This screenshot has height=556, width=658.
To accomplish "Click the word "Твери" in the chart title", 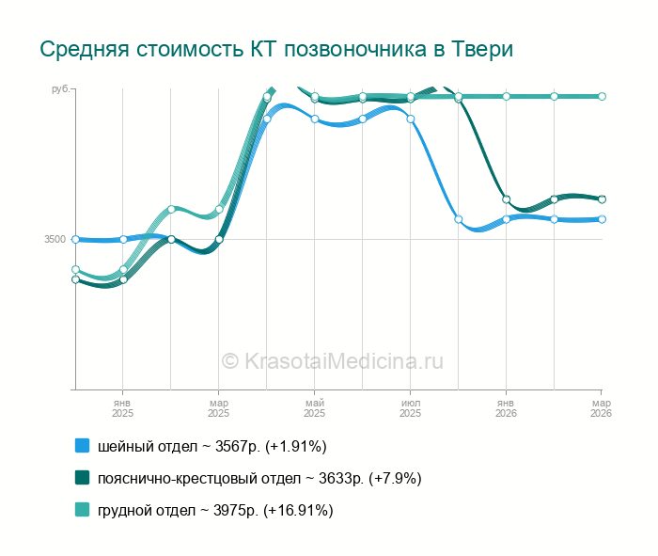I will click(481, 49).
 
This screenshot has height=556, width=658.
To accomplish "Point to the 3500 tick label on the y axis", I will click(55, 240).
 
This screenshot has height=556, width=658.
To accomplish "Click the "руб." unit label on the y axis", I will click(59, 89).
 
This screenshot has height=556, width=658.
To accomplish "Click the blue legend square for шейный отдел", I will click(82, 445).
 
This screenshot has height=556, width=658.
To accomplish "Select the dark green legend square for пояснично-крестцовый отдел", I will click(82, 478).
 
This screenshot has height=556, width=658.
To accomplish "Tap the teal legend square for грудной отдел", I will click(82, 510).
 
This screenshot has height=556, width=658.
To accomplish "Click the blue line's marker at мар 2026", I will click(602, 219).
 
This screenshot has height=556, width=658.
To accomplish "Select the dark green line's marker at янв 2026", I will click(506, 199).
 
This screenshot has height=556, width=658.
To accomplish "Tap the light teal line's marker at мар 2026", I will click(602, 96).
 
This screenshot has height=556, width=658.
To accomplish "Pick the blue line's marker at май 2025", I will click(315, 119).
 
